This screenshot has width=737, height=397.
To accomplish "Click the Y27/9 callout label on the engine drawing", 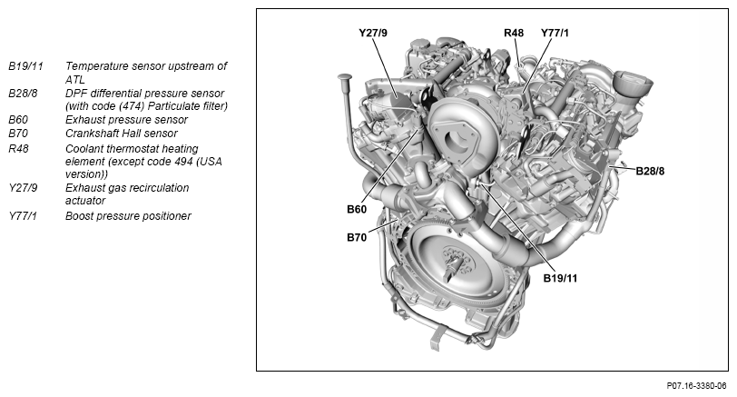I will tap(373, 33).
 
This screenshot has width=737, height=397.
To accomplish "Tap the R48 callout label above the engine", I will tap(514, 33).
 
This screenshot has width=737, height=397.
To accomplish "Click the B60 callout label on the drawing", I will tap(357, 209).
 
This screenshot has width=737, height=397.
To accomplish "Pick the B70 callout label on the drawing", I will tap(357, 238).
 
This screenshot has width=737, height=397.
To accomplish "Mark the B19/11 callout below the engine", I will tap(560, 278).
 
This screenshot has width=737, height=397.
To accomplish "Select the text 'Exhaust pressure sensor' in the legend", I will tap(127, 119).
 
